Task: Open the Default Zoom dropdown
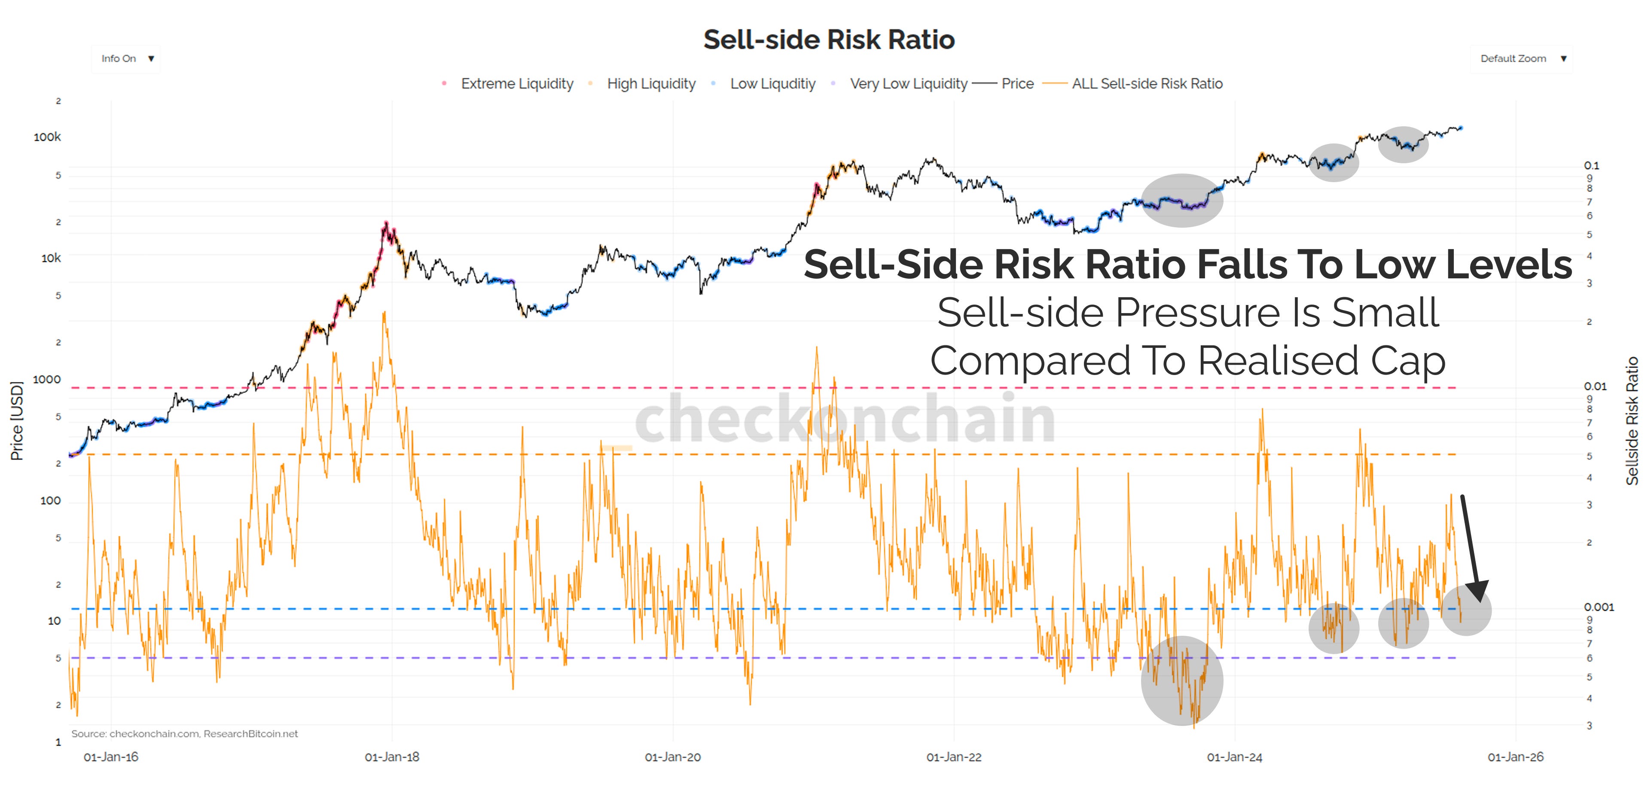click(x=1521, y=59)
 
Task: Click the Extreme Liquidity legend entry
click(x=516, y=84)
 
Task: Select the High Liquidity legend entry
click(x=650, y=84)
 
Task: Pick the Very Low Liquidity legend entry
click(x=907, y=84)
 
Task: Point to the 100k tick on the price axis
click(x=47, y=137)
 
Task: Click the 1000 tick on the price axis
click(x=47, y=379)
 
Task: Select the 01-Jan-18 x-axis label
click(x=391, y=757)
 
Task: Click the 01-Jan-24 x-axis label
click(x=1234, y=757)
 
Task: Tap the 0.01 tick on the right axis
click(x=1594, y=386)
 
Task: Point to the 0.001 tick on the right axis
click(x=1597, y=607)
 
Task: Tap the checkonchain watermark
click(x=845, y=419)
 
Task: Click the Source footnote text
click(x=184, y=734)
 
